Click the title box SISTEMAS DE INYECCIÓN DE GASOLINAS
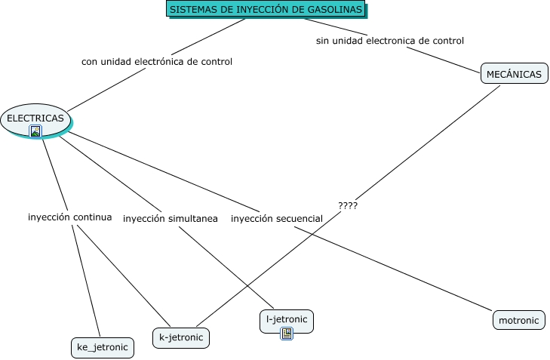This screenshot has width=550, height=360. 266,10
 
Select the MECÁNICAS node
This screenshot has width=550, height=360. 514,74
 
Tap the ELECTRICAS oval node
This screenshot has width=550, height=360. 35,118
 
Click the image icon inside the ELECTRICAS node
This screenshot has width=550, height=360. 35,131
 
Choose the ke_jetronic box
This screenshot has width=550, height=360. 102,347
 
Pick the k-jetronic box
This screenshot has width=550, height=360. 181,337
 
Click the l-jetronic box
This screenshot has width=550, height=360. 286,319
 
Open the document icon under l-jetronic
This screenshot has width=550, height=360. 286,333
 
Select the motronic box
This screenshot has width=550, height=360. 519,320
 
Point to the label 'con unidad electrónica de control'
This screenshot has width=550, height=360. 156,61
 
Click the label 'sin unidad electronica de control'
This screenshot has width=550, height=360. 389,41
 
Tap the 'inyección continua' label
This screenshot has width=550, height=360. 69,217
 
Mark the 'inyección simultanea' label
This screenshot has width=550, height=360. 170,219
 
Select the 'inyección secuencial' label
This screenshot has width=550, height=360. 276,219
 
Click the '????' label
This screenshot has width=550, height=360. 348,205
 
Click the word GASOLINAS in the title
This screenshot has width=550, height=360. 335,10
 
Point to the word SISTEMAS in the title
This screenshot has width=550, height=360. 193,10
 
